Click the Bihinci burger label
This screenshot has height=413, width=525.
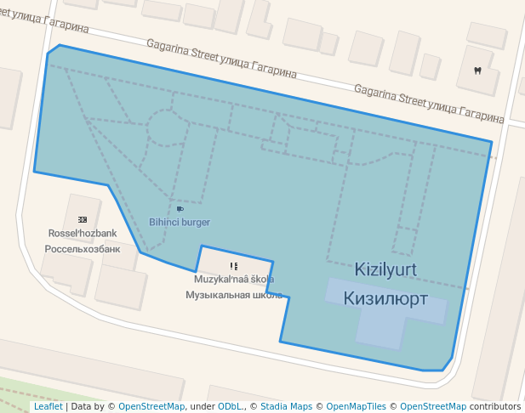[180, 223]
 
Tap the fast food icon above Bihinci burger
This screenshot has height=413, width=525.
[180, 208]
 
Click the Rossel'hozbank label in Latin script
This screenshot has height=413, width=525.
[83, 234]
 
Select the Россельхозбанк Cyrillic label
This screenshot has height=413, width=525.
[83, 249]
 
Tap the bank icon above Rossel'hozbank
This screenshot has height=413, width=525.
[83, 219]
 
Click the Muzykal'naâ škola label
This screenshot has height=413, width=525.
[234, 279]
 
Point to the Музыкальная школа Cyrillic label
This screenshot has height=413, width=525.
[234, 295]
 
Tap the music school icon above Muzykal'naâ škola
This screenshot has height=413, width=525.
[234, 266]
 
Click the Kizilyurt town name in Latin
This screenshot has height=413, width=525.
[385, 269]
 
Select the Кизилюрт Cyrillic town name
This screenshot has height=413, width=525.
[385, 298]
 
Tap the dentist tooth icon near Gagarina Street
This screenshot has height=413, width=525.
[476, 70]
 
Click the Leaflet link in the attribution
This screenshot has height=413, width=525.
[48, 407]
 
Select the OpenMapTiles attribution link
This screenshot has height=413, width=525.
[356, 407]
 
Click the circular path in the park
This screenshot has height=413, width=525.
[168, 129]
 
